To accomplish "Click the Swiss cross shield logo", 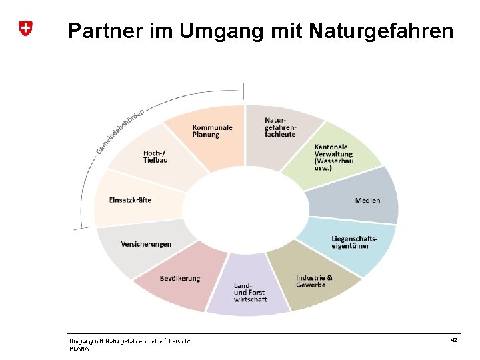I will [25, 28].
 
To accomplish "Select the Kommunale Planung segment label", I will [212, 131].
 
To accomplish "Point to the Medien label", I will [367, 200].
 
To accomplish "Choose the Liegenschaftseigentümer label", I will [354, 242].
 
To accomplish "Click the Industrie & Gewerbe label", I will [314, 281].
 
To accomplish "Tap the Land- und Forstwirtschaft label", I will [250, 293].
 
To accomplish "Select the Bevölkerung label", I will [179, 278].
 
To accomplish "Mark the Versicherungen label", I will [145, 244].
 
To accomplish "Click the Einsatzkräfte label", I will [130, 200].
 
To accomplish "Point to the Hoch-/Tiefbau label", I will [156, 157].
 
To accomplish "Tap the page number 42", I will [453, 340].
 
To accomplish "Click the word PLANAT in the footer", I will [81, 348].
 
